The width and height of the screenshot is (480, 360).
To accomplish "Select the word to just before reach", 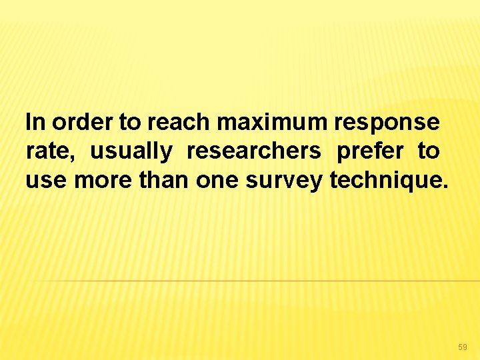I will (130, 123).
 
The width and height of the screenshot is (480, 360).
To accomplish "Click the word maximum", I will (272, 123).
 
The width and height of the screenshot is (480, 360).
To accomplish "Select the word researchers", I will (254, 152).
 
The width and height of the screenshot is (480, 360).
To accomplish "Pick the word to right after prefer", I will (429, 152).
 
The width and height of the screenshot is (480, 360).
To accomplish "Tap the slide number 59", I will (463, 347).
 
